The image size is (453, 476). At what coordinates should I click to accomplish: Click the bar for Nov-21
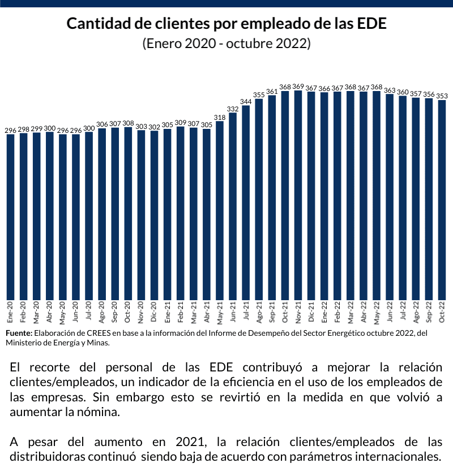(x=298, y=195)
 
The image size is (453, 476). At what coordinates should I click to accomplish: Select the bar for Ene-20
(x=10, y=217)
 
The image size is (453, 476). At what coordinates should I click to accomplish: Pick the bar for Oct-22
(x=442, y=200)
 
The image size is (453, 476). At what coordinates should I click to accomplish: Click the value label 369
(x=298, y=86)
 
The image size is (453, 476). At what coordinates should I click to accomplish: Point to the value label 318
(x=220, y=117)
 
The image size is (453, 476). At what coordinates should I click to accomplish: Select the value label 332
(x=233, y=109)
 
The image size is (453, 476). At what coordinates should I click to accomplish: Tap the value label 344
(x=246, y=102)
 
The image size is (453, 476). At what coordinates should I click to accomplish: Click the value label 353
(x=442, y=96)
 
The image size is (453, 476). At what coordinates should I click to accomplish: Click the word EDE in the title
(x=371, y=25)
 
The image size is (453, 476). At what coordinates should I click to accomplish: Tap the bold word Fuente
(x=19, y=333)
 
